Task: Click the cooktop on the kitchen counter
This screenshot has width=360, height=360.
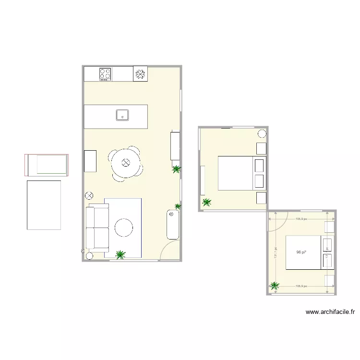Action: (106, 74)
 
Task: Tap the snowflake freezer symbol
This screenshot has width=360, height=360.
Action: (140, 73)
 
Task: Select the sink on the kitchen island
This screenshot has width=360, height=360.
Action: (123, 115)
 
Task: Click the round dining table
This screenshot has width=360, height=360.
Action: (126, 163)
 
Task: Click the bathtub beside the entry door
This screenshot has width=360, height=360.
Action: (172, 224)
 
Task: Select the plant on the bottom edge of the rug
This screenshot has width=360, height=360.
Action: (120, 254)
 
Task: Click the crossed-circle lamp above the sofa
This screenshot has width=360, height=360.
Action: (89, 195)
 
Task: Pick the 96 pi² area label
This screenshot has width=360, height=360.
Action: (301, 252)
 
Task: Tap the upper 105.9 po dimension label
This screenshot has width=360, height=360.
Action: (301, 219)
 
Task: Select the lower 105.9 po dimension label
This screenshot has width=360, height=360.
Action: (301, 286)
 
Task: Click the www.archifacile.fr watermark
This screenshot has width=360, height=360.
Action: (330, 312)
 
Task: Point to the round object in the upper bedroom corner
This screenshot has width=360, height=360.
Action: (262, 134)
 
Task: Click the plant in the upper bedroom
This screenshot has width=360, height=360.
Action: (206, 203)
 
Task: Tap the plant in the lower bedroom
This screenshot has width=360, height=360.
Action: (275, 286)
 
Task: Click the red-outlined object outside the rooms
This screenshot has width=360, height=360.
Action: (47, 165)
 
